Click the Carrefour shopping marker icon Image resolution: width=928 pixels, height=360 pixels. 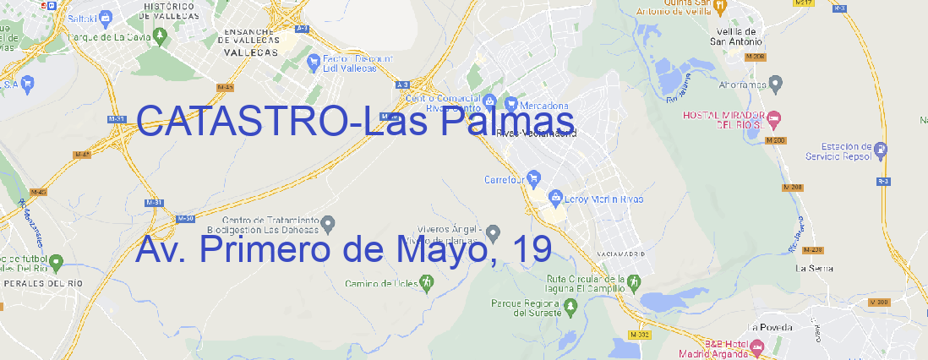pos(536,178)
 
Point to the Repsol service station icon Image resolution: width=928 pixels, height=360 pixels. pos(881,151)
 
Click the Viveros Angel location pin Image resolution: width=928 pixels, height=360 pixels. pos(494,232)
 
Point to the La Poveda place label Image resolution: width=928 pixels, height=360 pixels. pos(770,327)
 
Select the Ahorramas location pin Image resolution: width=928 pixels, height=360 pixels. pos(777,84)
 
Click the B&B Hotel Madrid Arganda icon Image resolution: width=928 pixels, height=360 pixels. pos(757,346)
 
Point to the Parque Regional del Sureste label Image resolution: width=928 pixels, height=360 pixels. pos(526,308)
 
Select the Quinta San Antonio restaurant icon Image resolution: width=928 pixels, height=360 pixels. pos(720,7)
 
